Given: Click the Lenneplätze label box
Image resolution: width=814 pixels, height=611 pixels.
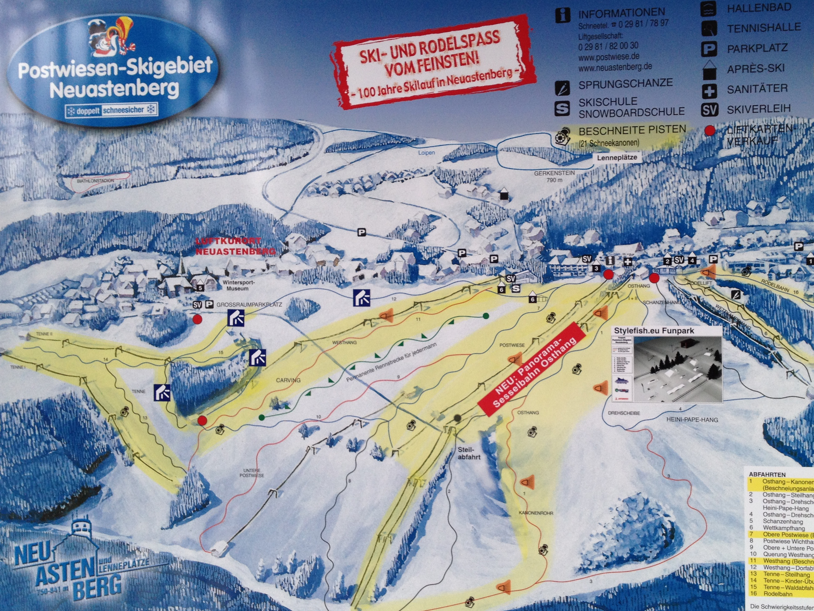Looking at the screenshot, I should coord(616,157).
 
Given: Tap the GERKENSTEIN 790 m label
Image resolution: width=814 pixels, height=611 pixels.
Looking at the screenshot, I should coord(554,176).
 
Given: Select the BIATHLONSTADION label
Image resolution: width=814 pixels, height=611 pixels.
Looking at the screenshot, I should coord(96,181).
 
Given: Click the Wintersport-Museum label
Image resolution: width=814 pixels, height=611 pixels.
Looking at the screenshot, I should coord(237,286).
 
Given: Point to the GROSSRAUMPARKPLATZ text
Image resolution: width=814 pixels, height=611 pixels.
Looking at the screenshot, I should coord(249,305).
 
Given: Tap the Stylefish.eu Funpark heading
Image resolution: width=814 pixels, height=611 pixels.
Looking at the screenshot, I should coord(654,331).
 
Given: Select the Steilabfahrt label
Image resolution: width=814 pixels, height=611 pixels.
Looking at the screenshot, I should coord(469,453).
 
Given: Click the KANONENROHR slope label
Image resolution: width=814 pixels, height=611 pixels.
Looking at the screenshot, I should coord(536,513).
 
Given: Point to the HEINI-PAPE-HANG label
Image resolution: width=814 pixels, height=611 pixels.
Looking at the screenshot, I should coord(692,420).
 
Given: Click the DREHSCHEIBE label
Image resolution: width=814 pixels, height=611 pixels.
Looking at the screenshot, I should coord(624,413).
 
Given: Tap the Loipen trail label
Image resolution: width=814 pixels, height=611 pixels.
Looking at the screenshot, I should coord(427,152).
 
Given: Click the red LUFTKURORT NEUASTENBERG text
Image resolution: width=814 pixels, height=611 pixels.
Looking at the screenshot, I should coord(235,246).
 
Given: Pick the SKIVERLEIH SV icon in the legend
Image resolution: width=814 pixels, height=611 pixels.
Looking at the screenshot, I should coord(709,109).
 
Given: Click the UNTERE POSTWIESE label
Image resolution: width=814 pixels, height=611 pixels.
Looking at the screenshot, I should coord(252,473).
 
